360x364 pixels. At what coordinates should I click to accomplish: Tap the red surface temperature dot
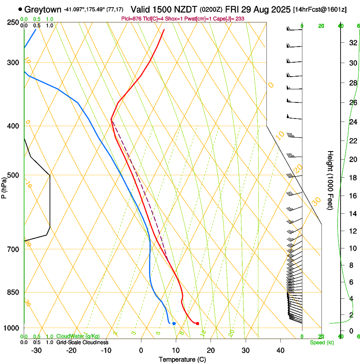click(x=197, y=324)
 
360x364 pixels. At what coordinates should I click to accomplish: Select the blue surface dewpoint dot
click(x=174, y=324)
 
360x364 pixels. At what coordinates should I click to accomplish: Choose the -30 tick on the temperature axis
click(x=37, y=350)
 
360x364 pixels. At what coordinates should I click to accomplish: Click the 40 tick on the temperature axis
click(x=280, y=350)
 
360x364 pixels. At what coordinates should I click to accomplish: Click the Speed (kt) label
click(x=322, y=342)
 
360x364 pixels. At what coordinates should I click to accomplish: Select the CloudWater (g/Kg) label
click(x=79, y=336)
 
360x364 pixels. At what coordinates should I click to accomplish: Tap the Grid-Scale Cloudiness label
click(x=82, y=342)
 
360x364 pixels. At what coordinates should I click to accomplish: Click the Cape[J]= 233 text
click(x=231, y=19)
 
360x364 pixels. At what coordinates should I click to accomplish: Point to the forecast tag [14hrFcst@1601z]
click(x=320, y=9)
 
